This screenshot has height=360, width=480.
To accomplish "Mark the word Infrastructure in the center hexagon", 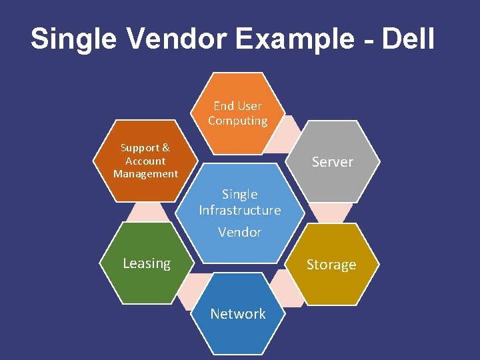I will click(x=240, y=210).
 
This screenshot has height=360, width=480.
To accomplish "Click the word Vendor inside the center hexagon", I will click(x=240, y=232).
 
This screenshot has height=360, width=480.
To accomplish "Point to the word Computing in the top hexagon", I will click(x=238, y=121).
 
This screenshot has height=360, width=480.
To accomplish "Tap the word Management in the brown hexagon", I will click(x=145, y=174).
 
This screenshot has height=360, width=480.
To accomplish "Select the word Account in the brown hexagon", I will click(x=145, y=161).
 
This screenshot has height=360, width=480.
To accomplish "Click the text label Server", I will click(x=333, y=162).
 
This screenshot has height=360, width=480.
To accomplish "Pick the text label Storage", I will click(x=331, y=265).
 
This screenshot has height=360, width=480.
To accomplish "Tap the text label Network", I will click(x=238, y=313).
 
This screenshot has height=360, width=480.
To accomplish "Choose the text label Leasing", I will click(x=147, y=263).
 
